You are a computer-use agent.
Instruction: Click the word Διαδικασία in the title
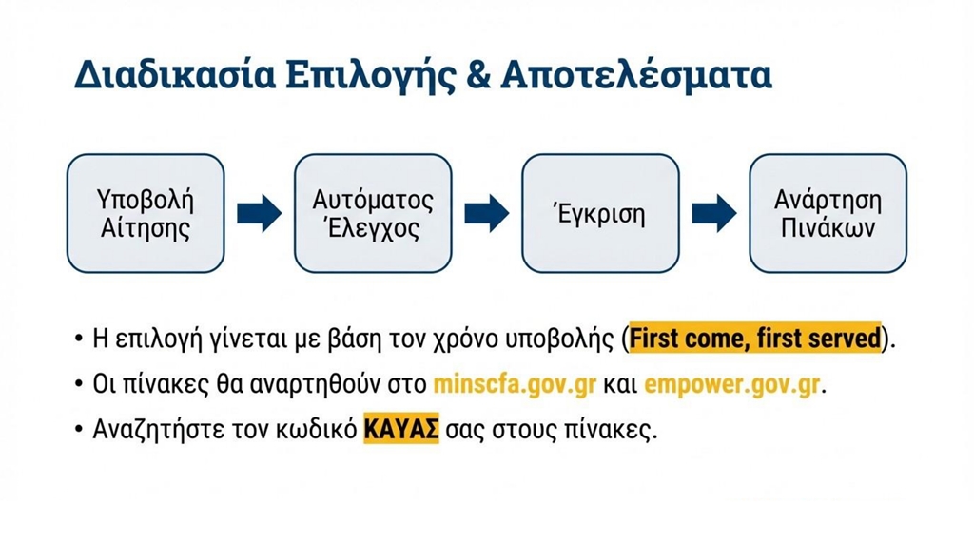pos(175,74)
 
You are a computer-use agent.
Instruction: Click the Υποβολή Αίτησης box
pos(146,213)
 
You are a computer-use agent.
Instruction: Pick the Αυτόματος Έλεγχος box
pos(373,213)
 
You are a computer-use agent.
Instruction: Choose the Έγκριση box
pos(600,213)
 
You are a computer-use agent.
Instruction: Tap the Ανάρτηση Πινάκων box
pos(828,213)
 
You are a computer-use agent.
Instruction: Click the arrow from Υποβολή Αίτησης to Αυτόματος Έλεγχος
pos(259,213)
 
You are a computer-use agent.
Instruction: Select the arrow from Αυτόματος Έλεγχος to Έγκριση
pos(486,213)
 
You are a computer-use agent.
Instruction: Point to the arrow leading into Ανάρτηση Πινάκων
pos(714,213)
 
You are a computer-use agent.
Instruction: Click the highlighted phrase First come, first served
pos(755,338)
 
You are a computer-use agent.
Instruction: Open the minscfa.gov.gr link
pos(515,384)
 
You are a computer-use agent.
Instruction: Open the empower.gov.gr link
pos(731,384)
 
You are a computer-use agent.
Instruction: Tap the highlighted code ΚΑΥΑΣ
pos(401,429)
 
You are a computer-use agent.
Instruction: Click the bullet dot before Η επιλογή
pos(78,339)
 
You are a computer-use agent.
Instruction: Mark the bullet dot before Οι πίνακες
pos(78,384)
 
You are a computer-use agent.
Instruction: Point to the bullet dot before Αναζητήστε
pos(78,429)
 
